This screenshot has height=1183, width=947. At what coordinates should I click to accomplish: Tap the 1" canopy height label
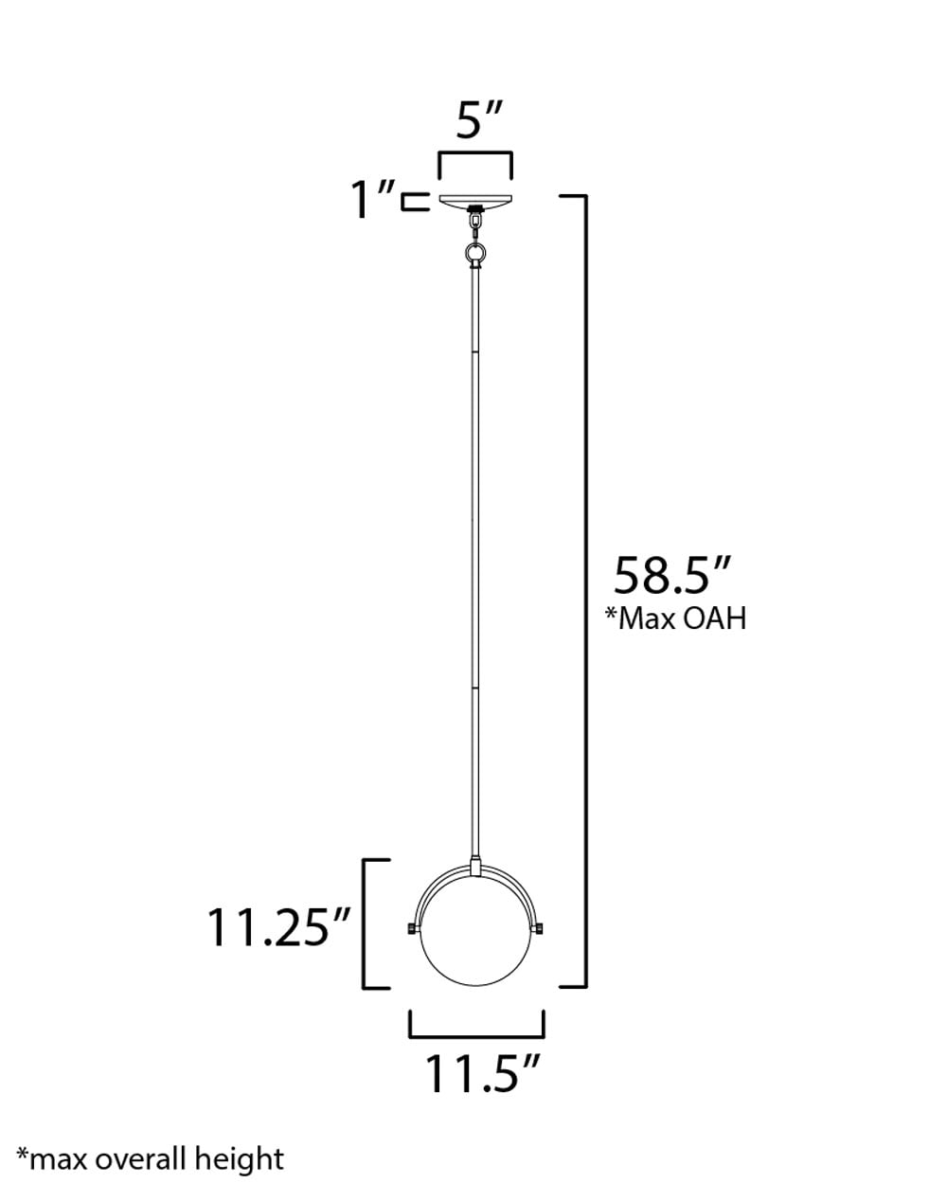tap(372, 200)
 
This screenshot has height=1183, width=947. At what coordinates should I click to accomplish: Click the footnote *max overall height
tap(152, 1157)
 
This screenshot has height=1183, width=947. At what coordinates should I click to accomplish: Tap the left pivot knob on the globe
tap(411, 928)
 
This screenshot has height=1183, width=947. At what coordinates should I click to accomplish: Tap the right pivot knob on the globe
tap(542, 928)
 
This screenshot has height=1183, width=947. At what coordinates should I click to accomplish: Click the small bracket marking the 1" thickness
tap(410, 201)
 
